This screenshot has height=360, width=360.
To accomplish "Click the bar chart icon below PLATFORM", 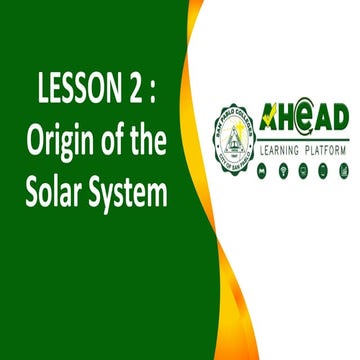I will [x=343, y=170].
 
